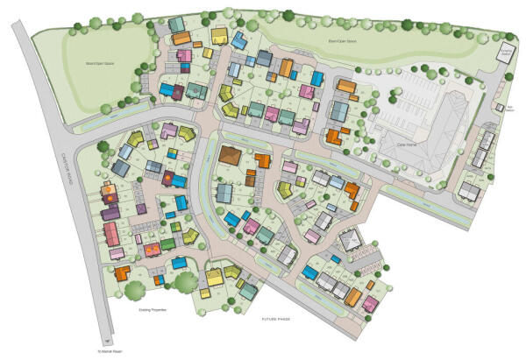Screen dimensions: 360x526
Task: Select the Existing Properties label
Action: (153, 309)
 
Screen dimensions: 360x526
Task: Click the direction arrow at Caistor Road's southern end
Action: (107, 338)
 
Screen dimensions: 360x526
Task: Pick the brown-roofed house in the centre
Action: (230, 155)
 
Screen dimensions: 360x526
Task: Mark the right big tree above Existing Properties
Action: (186, 282)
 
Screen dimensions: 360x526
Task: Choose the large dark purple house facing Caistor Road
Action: (110, 213)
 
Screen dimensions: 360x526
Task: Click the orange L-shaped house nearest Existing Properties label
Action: (122, 273)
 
